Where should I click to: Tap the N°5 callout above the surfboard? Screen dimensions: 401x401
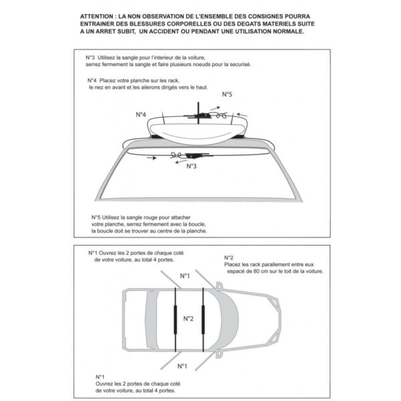click(x=227, y=96)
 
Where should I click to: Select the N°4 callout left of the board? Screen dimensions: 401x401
click(x=141, y=114)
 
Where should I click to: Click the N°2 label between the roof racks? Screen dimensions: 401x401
click(x=188, y=317)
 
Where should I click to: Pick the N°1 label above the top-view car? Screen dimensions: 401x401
click(x=184, y=275)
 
